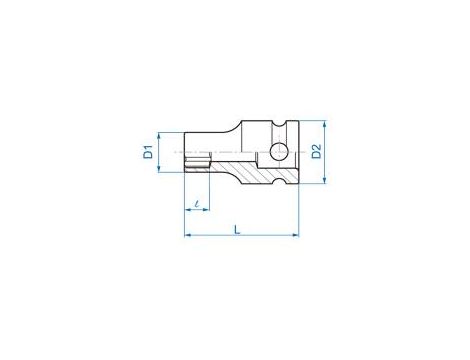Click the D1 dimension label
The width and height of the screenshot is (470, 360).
pos(147,153)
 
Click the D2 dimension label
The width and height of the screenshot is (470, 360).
pos(314,152)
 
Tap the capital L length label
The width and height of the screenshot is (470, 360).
pos(236,228)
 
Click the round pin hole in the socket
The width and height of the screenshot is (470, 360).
pos(278,152)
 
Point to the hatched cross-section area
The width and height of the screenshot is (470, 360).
pos(240,167)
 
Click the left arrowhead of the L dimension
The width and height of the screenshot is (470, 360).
pos(186,236)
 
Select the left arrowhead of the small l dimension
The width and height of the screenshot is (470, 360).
pos(186,212)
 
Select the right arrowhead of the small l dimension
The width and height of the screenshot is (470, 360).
pos(208,212)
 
